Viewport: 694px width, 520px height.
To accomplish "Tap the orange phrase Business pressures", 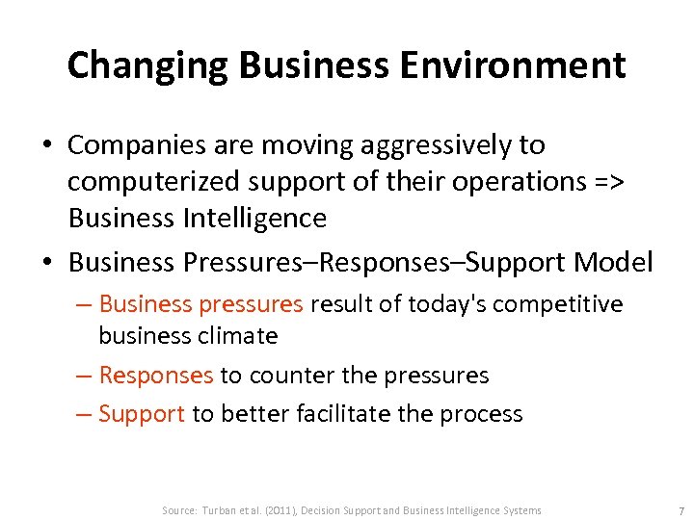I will coord(200,305).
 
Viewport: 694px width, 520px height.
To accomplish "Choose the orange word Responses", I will coord(155,375).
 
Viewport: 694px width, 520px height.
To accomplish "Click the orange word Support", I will coord(141,414).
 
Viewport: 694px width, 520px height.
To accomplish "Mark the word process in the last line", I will coord(481,414).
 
